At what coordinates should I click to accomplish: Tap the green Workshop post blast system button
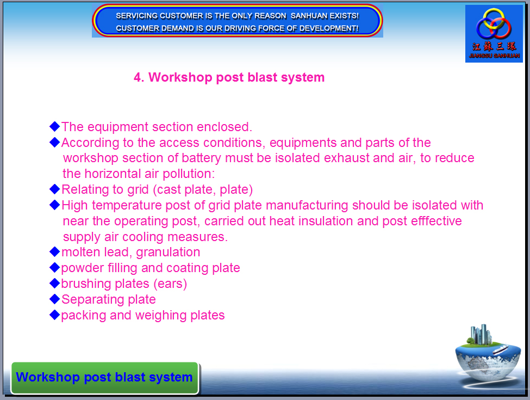105,378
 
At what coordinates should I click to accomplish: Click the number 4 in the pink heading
137,77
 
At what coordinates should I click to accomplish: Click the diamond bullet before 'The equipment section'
54,127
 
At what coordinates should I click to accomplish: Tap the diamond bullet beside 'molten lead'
54,252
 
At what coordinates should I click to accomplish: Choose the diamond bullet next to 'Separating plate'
54,299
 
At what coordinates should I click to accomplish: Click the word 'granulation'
168,253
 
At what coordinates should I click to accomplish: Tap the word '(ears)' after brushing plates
170,284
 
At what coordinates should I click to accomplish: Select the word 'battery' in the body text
201,158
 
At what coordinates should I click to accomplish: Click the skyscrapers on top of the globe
481,334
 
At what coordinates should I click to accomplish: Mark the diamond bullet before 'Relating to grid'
54,189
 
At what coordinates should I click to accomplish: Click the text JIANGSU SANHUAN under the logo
494,56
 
